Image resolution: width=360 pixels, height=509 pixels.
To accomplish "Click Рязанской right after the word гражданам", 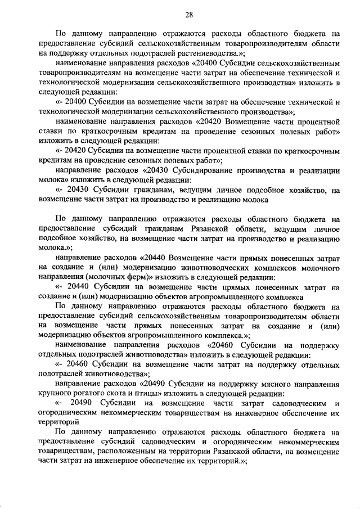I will (x=204, y=228).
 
